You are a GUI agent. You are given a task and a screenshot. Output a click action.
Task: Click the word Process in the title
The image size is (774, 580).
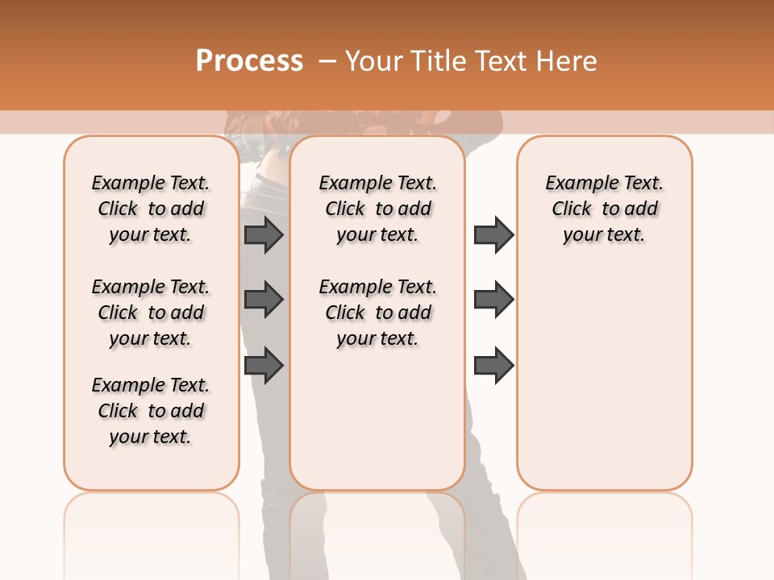pos(249,61)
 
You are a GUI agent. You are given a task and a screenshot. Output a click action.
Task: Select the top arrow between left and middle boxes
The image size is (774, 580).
pos(264,234)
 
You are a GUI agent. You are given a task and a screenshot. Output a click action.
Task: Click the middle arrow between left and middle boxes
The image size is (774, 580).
pos(264,300)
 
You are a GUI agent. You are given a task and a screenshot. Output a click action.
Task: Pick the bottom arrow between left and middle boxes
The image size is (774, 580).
pos(264,366)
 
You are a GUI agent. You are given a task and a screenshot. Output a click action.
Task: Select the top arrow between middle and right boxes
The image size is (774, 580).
pos(493,234)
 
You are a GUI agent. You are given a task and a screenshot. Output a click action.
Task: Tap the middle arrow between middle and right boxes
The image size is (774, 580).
pos(493,300)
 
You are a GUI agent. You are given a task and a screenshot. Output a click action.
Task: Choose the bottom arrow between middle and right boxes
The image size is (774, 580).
pos(493,366)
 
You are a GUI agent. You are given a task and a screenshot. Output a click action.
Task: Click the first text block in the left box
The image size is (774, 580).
pos(151,209)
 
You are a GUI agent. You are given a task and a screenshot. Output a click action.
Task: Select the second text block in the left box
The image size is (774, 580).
pos(151,313)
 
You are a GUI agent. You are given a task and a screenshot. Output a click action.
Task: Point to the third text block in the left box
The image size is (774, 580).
pos(151,411)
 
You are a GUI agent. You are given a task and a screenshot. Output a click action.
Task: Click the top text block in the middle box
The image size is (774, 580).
pos(377,209)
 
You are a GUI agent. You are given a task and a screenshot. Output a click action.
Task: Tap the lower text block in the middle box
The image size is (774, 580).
pos(377,313)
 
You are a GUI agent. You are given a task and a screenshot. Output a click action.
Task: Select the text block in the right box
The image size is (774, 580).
pos(604,209)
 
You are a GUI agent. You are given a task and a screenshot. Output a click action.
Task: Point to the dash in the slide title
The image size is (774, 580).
pos(327,61)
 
